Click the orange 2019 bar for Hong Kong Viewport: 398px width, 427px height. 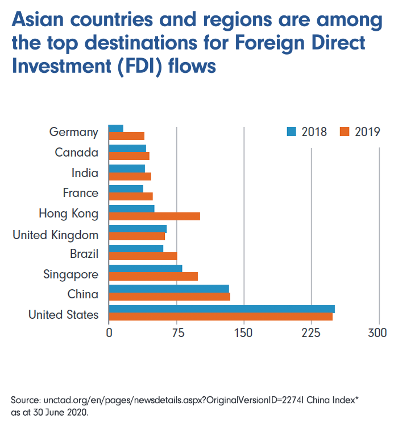pyautogui.click(x=154, y=216)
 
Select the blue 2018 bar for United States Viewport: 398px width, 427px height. pyautogui.click(x=221, y=309)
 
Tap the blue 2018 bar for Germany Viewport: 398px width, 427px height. pyautogui.click(x=115, y=128)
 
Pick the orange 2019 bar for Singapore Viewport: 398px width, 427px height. pyautogui.click(x=153, y=276)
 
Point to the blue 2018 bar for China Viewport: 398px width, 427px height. pyautogui.click(x=168, y=289)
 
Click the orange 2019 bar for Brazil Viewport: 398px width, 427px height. pyautogui.click(x=143, y=256)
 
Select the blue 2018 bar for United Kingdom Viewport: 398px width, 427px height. pyautogui.click(x=137, y=228)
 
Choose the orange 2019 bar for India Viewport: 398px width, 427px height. pyautogui.click(x=130, y=176)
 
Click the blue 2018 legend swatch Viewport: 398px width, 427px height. pyautogui.click(x=292, y=132)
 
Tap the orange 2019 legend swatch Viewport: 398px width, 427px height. pyautogui.click(x=344, y=132)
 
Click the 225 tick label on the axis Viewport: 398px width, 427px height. pyautogui.click(x=311, y=333)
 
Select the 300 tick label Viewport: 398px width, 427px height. pyautogui.click(x=378, y=333)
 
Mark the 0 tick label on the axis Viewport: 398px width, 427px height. pyautogui.click(x=109, y=333)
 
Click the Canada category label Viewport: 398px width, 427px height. pyautogui.click(x=76, y=153)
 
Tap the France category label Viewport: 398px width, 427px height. pyautogui.click(x=80, y=193)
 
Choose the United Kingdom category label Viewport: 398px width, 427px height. pyautogui.click(x=55, y=235)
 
